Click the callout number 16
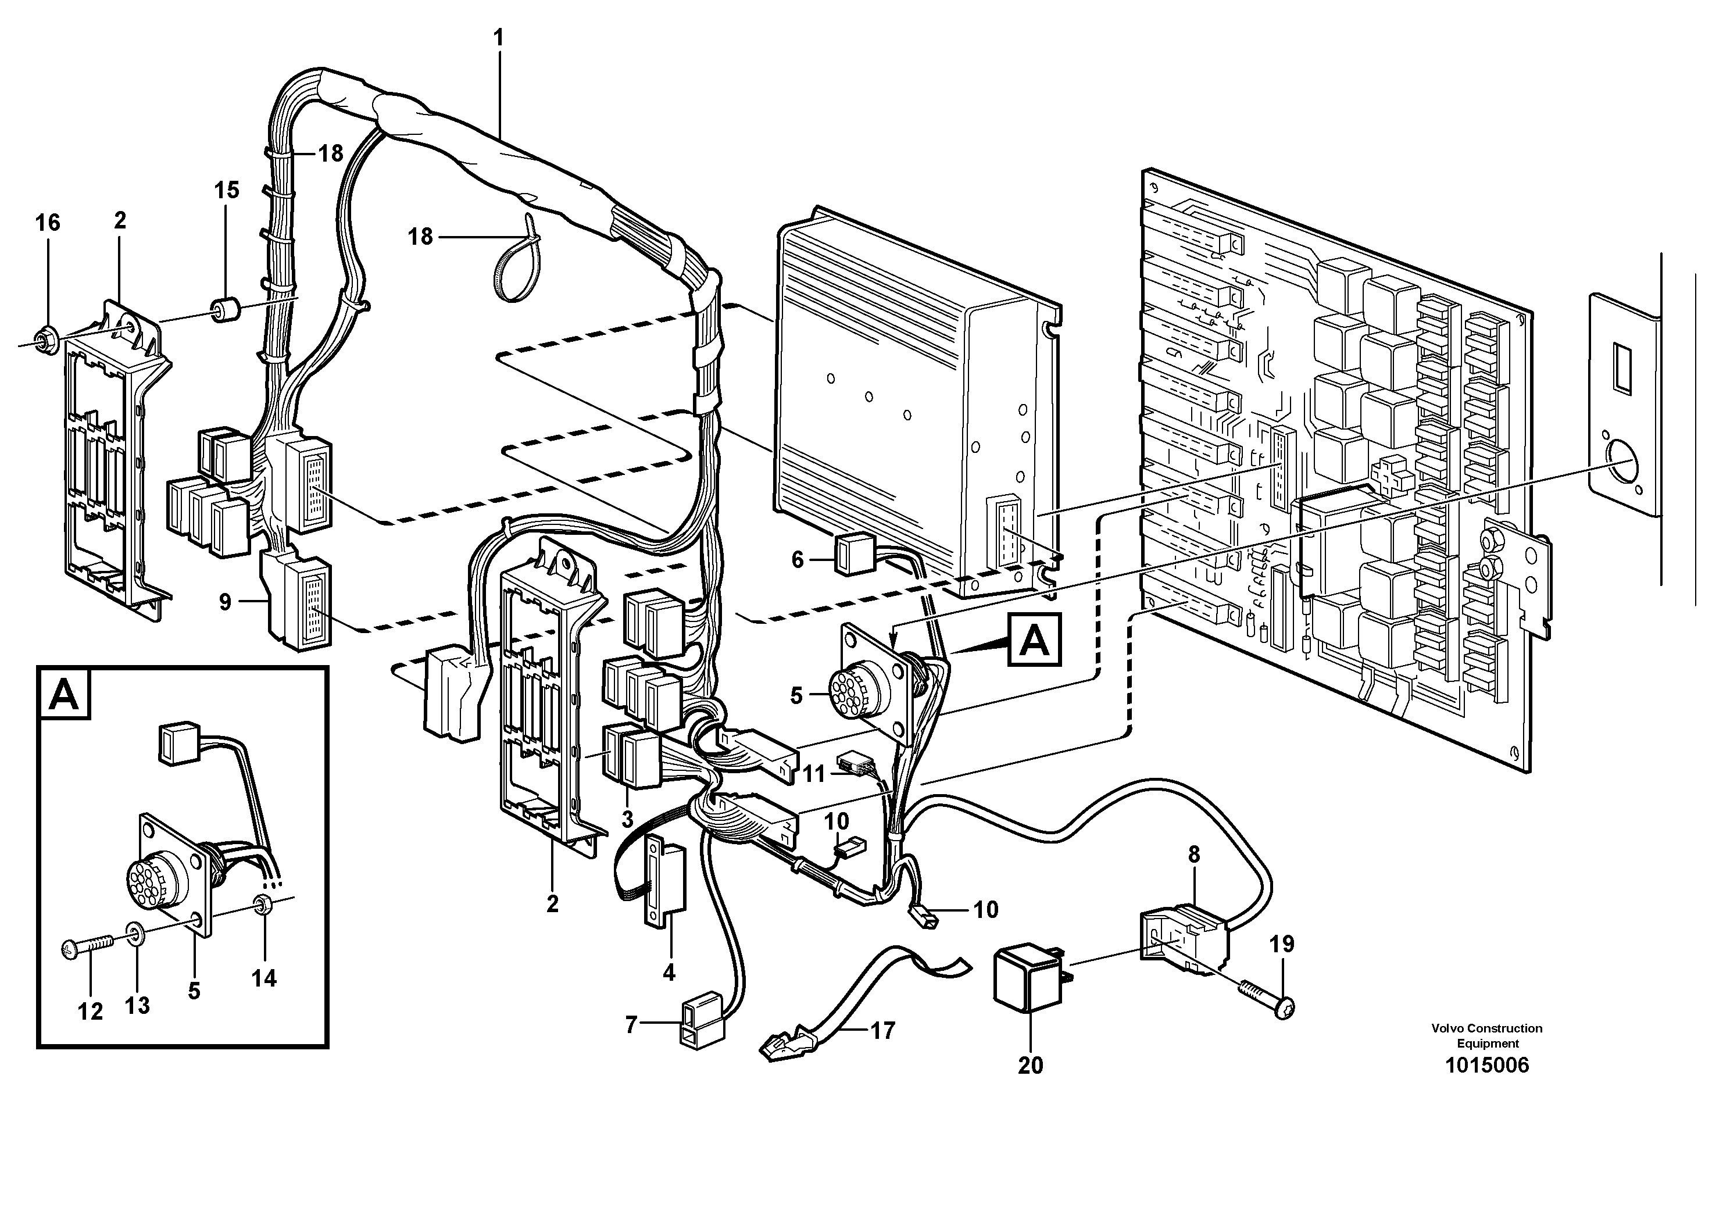click(x=48, y=223)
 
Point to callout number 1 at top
click(x=498, y=37)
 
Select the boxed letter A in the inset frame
click(x=63, y=694)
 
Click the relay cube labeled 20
click(x=1027, y=978)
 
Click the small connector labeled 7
click(x=703, y=1024)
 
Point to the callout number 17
click(x=882, y=1030)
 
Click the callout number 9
click(x=224, y=602)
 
